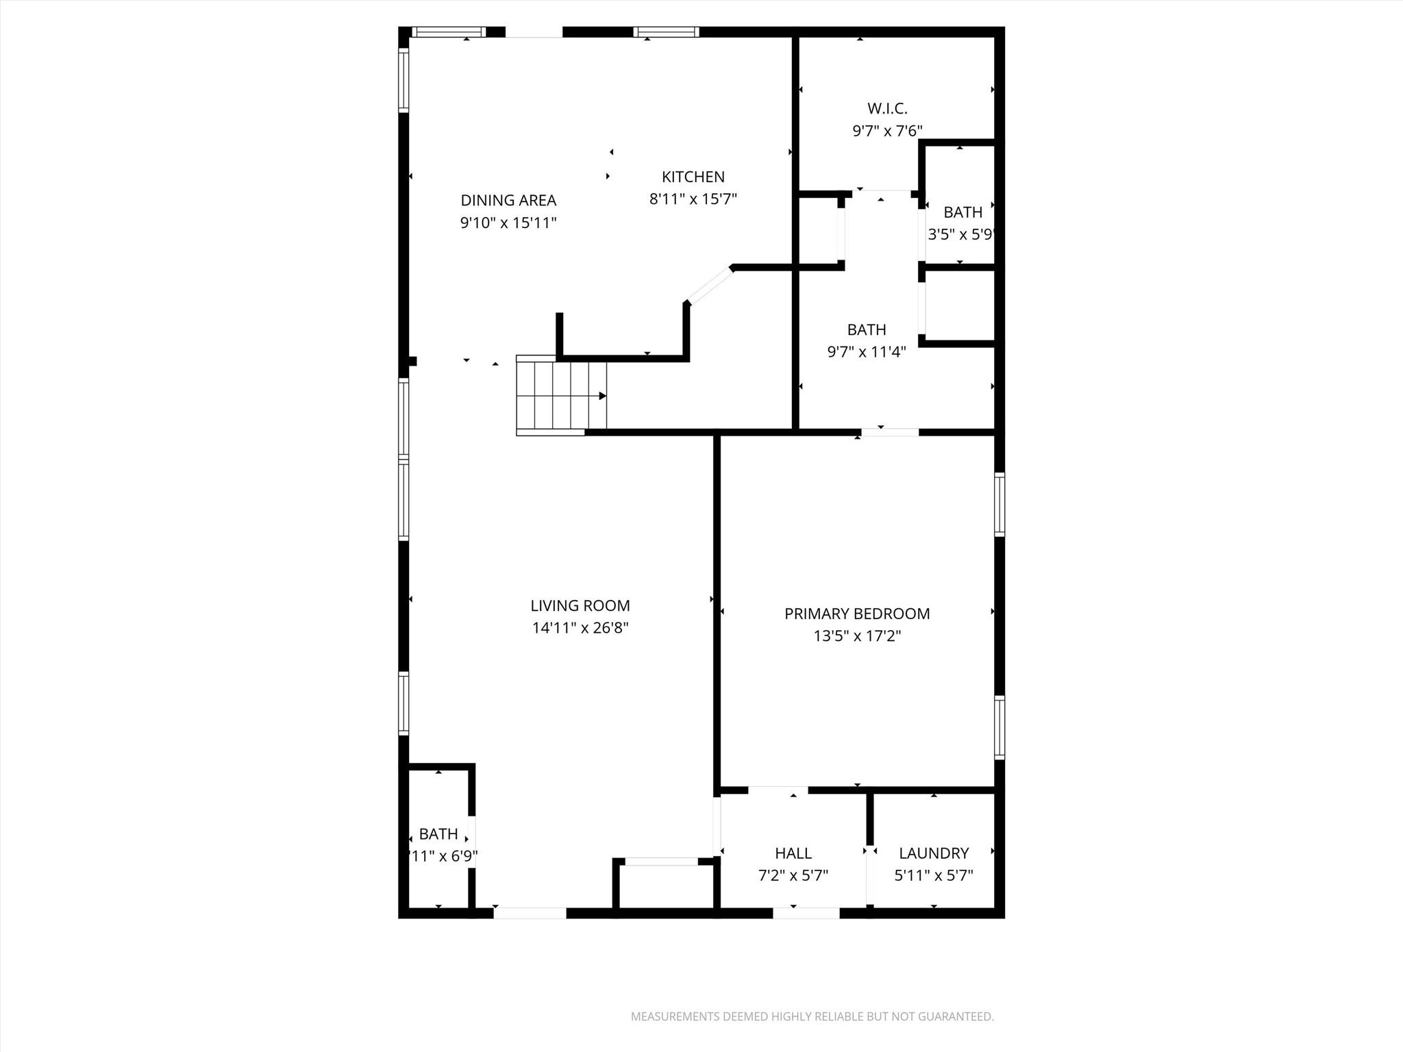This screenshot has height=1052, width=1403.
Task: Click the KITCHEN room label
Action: (693, 177)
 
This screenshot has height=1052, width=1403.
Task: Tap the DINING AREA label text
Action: (508, 200)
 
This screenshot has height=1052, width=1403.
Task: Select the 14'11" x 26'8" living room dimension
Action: (580, 627)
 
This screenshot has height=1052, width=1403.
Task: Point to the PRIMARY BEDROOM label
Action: (857, 614)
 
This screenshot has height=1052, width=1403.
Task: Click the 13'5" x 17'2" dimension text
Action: (857, 636)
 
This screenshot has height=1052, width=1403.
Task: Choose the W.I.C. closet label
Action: (887, 108)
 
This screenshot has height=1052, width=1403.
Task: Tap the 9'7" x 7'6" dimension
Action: (887, 131)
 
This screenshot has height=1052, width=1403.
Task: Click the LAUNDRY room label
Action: (934, 853)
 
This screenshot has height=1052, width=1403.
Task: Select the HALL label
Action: (793, 853)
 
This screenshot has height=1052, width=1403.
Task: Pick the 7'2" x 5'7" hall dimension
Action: (793, 875)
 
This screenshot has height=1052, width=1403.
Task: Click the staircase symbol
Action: (560, 396)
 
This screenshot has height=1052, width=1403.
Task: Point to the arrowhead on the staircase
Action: (603, 396)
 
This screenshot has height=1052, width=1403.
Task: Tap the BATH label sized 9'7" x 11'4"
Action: (867, 329)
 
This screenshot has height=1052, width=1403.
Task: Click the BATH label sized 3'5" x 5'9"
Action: (963, 212)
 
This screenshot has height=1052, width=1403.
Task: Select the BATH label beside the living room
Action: (438, 834)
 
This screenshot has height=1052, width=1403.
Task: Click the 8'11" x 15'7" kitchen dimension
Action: (693, 199)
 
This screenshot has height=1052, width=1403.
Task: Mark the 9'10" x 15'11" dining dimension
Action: (508, 223)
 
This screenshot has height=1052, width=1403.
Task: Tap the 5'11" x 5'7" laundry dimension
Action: (934, 875)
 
